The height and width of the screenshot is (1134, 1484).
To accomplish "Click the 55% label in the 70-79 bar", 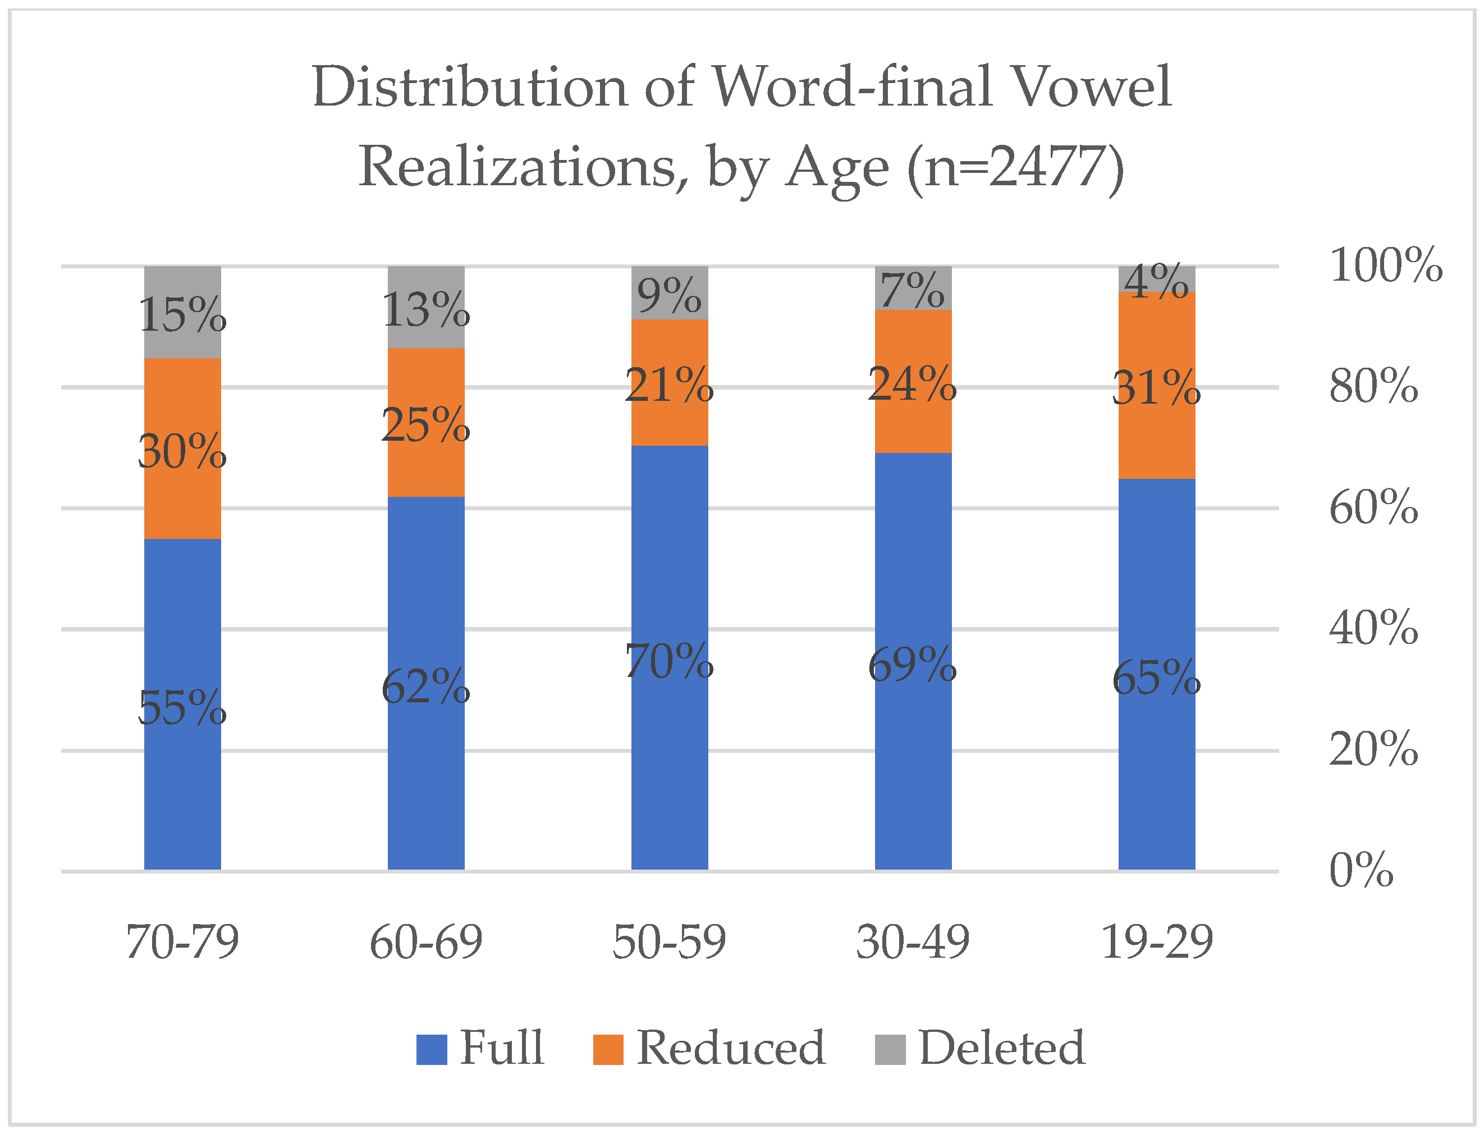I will point(182,708).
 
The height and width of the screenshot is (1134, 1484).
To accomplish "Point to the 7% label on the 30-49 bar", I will point(913,291).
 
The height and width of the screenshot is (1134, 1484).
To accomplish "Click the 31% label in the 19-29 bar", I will point(1156,388).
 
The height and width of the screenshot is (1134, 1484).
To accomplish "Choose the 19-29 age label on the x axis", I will point(1157,943).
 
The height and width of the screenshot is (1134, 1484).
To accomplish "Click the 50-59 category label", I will point(670,943).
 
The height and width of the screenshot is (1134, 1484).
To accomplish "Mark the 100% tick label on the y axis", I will point(1385,266).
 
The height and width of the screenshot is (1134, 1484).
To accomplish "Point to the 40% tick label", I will point(1373,628).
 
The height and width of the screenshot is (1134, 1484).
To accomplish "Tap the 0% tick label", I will point(1361,870).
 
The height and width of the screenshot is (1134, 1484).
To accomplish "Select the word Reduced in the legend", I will point(730,1048).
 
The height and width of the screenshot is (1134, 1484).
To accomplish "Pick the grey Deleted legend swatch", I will point(890,1050).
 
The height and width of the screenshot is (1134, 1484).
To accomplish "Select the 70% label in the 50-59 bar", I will point(670,661).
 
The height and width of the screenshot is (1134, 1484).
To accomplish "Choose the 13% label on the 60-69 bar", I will point(426,310).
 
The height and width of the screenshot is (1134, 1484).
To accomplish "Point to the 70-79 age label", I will point(182,943).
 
